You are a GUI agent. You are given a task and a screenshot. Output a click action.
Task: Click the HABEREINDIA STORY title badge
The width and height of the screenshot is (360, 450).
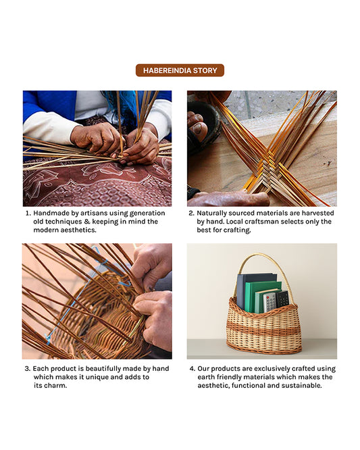[x=180, y=70]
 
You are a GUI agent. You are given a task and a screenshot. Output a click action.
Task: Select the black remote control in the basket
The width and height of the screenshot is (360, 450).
[x=282, y=299]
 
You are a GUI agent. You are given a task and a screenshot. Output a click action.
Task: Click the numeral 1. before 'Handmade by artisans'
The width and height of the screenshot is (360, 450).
[x=28, y=213]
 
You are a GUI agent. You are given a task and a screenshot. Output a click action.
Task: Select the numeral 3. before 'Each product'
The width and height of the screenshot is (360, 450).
[x=28, y=368]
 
